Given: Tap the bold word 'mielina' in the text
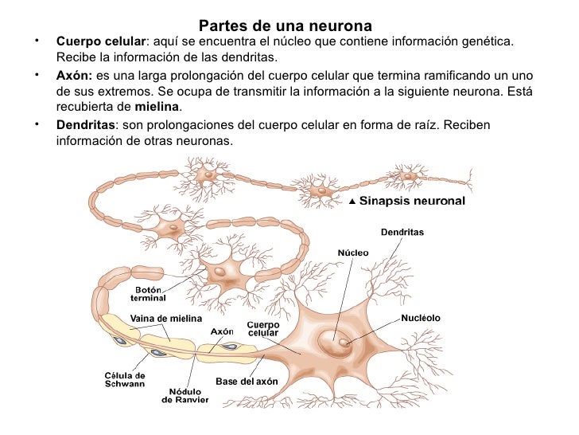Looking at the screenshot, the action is click(x=157, y=108).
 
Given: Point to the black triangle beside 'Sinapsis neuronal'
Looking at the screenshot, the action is click(x=353, y=202).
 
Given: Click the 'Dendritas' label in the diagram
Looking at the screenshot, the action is click(x=402, y=233).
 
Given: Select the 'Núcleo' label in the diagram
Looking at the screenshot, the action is click(x=353, y=252).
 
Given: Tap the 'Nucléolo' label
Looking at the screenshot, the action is click(x=421, y=318).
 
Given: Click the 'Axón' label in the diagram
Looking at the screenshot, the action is click(x=221, y=331).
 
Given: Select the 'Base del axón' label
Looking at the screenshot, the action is click(x=247, y=381).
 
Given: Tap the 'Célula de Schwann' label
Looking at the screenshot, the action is click(x=125, y=379).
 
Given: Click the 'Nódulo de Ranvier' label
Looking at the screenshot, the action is click(x=185, y=395).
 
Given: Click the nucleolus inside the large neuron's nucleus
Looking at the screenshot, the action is click(x=344, y=343).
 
